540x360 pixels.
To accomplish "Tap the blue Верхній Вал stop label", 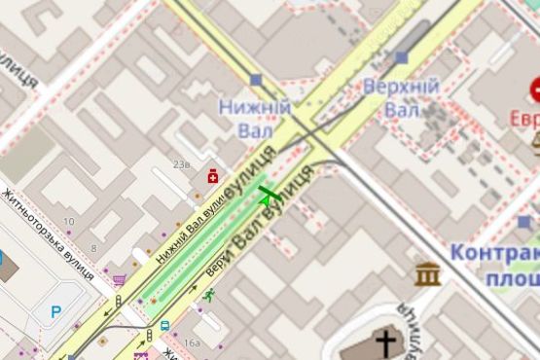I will [400, 97].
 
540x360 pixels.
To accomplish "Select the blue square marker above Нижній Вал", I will [256, 80].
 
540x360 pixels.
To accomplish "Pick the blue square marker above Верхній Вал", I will [402, 57].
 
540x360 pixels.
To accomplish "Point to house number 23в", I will [181, 165].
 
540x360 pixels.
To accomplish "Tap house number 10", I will [67, 222].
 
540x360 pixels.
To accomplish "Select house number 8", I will [93, 248].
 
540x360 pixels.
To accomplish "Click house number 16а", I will [191, 342].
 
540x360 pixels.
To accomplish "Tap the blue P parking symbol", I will [54, 312].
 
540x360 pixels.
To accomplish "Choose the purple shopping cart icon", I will [119, 280].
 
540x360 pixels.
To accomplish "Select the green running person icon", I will [208, 294].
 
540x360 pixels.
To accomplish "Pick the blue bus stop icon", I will [164, 327].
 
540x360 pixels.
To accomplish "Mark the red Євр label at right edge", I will [524, 119].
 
